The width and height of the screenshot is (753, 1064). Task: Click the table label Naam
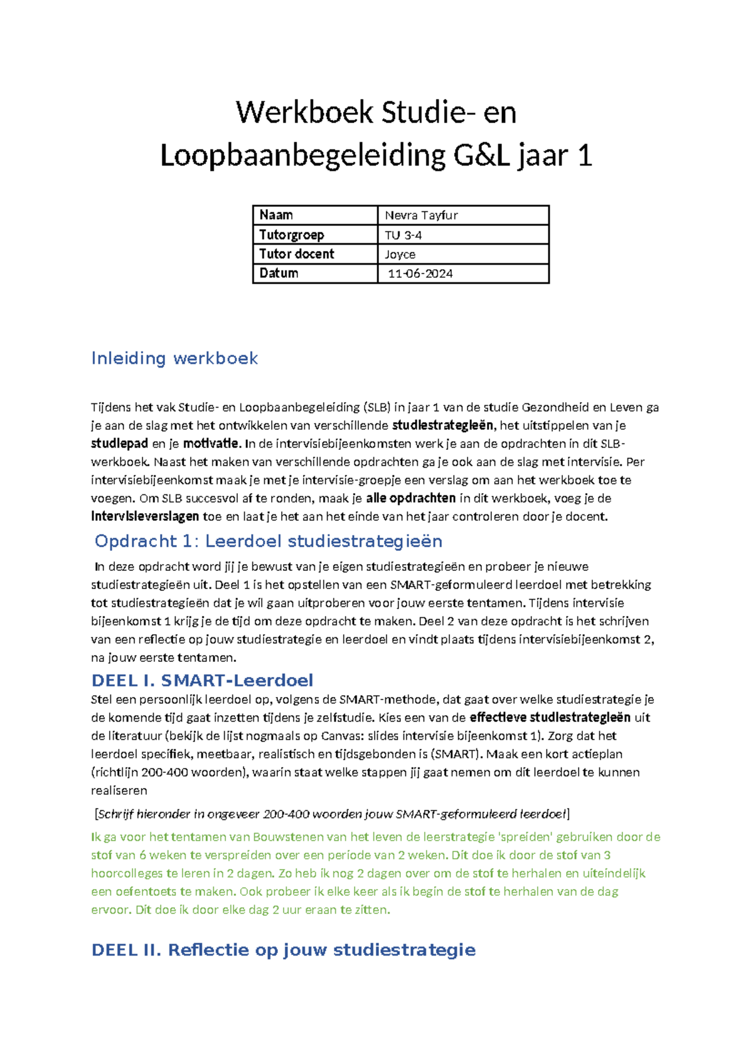click(x=276, y=215)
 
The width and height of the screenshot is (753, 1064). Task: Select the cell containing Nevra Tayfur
click(x=421, y=215)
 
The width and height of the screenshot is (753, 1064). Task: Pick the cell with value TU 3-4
click(x=403, y=235)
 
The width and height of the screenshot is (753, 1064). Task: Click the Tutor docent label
click(x=296, y=254)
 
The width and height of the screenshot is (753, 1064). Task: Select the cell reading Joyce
click(x=400, y=254)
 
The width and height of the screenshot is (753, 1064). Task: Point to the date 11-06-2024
click(x=420, y=274)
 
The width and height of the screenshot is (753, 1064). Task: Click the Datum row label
click(x=279, y=274)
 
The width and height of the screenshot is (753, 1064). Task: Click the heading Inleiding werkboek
click(x=174, y=358)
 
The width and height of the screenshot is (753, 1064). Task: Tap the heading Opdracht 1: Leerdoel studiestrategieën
click(x=269, y=541)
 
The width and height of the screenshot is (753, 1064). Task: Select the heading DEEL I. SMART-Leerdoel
click(x=202, y=680)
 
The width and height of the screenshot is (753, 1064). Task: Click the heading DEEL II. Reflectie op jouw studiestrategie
click(x=283, y=950)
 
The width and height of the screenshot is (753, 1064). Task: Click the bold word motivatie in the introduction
click(x=211, y=444)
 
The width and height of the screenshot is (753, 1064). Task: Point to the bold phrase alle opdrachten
click(x=410, y=498)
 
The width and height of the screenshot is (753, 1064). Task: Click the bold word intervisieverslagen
click(x=144, y=516)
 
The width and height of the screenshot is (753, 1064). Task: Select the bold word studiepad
click(x=119, y=444)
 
